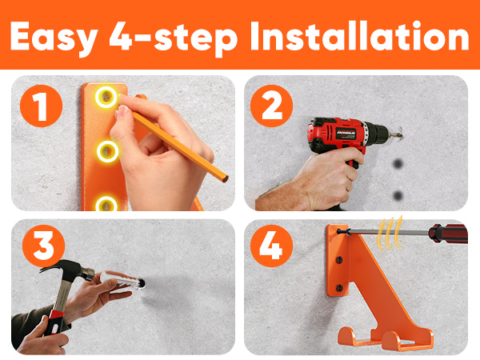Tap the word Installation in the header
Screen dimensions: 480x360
coord(360,36)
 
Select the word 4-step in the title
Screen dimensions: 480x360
coord(174,39)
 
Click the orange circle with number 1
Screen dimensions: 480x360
coord(42,106)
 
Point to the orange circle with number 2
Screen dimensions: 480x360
coord(271,106)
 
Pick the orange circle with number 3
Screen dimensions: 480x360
coord(43,246)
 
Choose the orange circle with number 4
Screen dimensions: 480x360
coord(271,246)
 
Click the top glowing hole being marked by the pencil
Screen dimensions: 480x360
coord(106,97)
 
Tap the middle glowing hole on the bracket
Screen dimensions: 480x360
coord(107,151)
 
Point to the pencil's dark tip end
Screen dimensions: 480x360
coord(226,178)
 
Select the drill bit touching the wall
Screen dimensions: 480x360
coord(395,134)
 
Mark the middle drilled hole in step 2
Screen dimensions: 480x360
coord(398,164)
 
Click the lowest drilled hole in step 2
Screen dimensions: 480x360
coord(398,195)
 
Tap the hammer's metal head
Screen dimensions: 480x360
coord(68,270)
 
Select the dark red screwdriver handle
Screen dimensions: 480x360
coord(449,234)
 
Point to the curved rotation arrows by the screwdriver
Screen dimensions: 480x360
coord(390,234)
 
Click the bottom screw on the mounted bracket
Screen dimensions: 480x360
coord(339,287)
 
